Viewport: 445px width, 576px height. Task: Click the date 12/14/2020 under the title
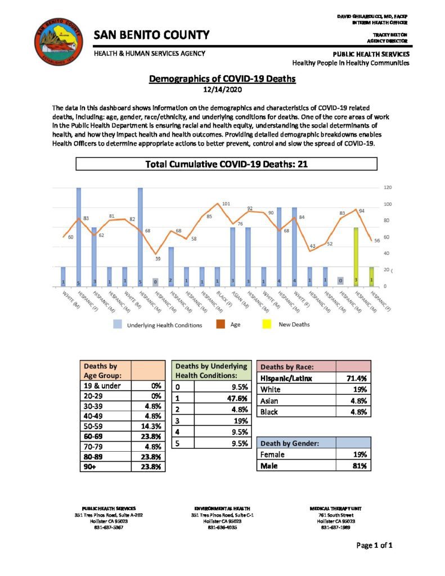[x=222, y=89]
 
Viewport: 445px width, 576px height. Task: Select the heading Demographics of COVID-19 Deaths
[x=222, y=79]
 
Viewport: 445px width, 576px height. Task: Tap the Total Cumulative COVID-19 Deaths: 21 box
[x=226, y=164]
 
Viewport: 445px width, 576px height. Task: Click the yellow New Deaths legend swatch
[x=267, y=325]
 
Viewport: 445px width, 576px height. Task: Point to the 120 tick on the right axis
[x=387, y=187]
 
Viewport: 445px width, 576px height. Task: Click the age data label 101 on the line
[x=226, y=204]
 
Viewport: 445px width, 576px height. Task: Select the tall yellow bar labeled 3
[x=356, y=256]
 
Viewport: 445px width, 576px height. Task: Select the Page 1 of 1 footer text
[x=374, y=545]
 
